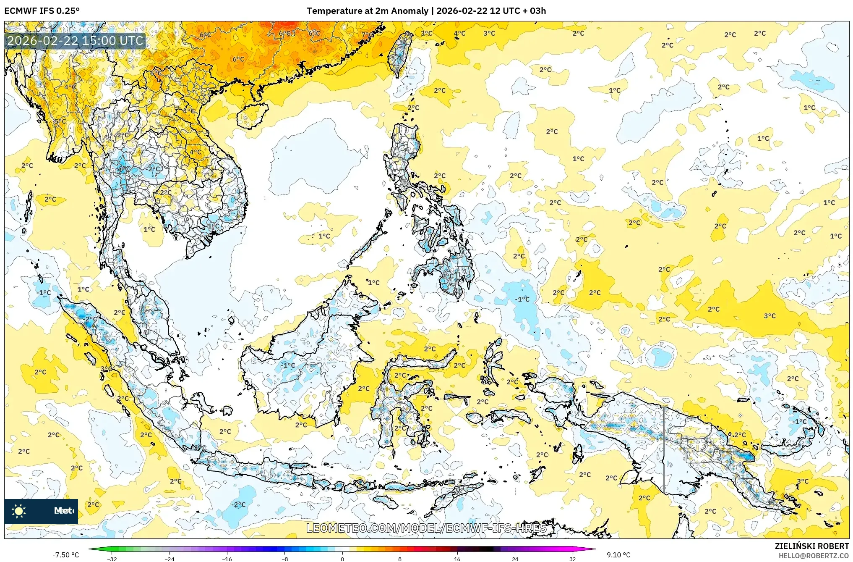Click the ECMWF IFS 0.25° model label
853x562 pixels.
[x=42, y=11]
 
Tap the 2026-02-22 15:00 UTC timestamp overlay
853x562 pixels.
[x=75, y=41]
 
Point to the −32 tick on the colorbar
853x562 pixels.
[x=112, y=559]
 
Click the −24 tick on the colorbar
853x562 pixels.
[x=170, y=559]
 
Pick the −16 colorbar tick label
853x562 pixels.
[x=227, y=559]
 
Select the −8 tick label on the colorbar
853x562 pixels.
[x=285, y=559]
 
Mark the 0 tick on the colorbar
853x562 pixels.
[x=342, y=559]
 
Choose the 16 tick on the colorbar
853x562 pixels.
[x=457, y=559]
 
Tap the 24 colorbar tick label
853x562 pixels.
[x=515, y=559]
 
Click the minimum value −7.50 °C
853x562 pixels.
[x=65, y=555]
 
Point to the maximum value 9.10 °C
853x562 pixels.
[x=618, y=555]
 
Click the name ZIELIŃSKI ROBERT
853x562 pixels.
[x=811, y=546]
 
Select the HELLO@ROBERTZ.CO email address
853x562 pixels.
[x=814, y=556]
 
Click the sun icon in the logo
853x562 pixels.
[x=19, y=511]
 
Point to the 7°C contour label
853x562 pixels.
[x=365, y=34]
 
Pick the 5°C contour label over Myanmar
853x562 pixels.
[x=60, y=121]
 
